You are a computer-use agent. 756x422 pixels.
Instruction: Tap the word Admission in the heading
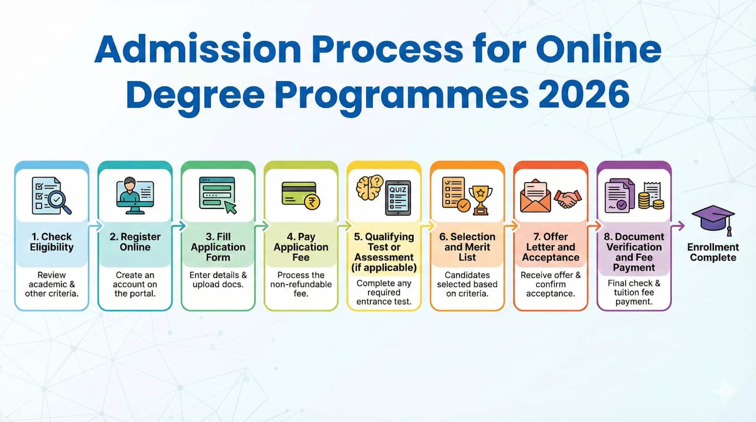[198, 49]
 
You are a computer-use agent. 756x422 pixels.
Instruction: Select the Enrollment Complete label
[713, 252]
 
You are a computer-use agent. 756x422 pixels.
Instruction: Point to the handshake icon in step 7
[567, 199]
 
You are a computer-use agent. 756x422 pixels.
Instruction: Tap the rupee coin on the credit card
[312, 202]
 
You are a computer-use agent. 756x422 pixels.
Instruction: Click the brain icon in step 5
[369, 188]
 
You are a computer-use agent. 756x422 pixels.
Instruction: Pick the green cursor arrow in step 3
[230, 207]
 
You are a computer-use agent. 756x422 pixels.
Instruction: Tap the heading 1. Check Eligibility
[52, 242]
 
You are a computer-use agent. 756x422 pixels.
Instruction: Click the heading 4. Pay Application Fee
[301, 247]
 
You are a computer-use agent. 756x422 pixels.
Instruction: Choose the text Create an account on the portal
[135, 284]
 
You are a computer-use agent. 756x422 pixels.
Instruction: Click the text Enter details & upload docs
[218, 280]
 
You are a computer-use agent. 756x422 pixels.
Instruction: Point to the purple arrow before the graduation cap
[678, 226]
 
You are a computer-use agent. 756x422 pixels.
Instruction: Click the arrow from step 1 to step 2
[95, 226]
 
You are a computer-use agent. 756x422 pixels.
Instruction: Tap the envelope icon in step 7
[535, 196]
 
